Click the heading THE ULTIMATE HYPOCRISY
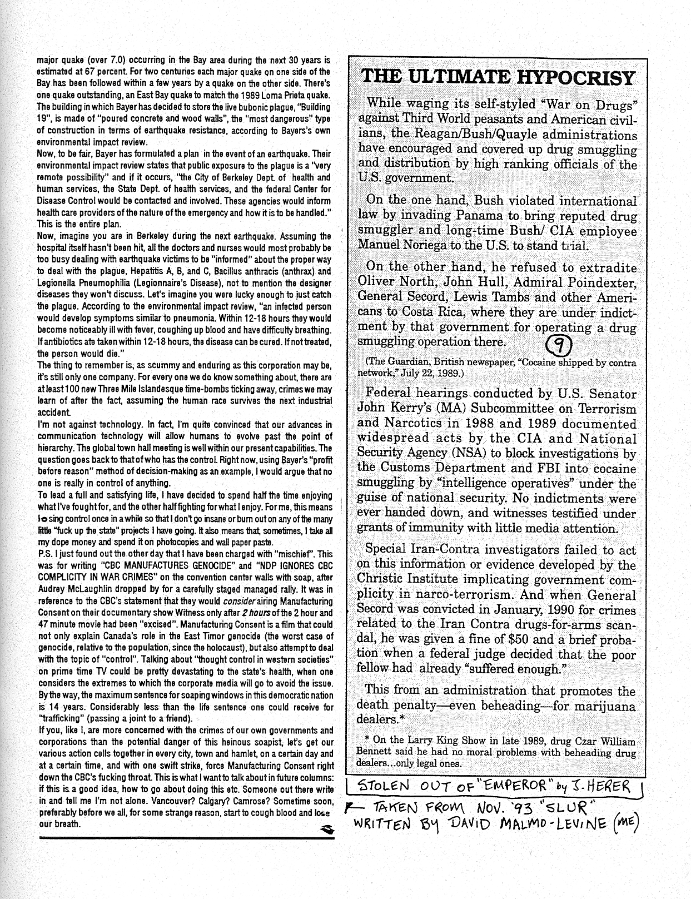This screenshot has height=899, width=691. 498,77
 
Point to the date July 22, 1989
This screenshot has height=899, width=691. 433,372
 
